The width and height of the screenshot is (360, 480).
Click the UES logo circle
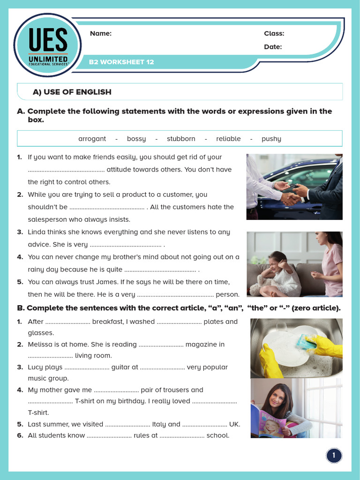point(47,45)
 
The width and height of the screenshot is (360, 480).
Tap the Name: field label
point(100,33)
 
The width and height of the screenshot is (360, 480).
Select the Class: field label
point(274,33)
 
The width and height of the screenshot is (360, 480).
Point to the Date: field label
point(272,46)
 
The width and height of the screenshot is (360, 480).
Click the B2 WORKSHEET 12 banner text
point(121,62)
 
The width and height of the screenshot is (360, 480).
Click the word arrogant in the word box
point(92,139)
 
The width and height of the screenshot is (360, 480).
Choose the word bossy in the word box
point(136,139)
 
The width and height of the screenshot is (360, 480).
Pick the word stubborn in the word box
point(181,139)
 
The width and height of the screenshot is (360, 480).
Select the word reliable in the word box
point(228,139)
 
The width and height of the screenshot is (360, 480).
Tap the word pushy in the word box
point(271,139)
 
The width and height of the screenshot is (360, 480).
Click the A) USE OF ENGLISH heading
point(72,92)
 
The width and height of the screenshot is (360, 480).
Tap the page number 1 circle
point(334,455)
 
